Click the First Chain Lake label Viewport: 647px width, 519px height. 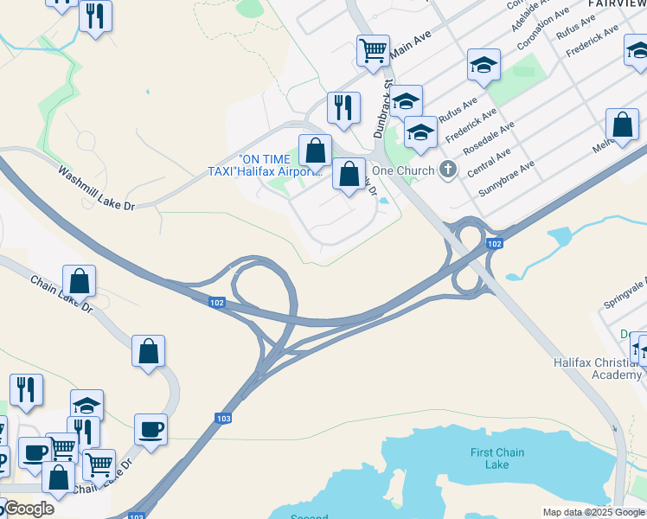tap(496, 458)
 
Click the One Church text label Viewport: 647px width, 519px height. tap(403, 170)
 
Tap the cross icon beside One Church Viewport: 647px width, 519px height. tap(447, 169)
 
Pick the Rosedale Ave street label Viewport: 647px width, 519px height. tap(489, 138)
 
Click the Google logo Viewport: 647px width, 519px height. tap(28, 509)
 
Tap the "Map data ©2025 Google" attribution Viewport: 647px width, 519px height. tap(593, 512)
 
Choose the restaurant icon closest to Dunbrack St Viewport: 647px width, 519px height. tap(343, 108)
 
